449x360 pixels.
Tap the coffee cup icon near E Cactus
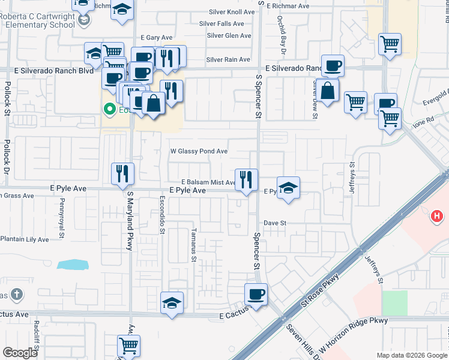(256, 295)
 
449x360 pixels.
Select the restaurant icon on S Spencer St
(246, 179)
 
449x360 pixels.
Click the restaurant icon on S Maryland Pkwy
(122, 173)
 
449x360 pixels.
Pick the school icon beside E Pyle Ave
(288, 188)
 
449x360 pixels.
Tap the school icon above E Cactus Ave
(172, 303)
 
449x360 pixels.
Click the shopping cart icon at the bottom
(128, 346)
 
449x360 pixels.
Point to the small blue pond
(73, 265)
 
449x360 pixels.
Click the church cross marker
(17, 295)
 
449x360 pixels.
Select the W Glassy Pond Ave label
(199, 151)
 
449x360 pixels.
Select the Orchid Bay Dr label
(280, 31)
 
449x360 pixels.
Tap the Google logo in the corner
(19, 353)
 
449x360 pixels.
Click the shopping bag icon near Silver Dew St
(329, 91)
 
